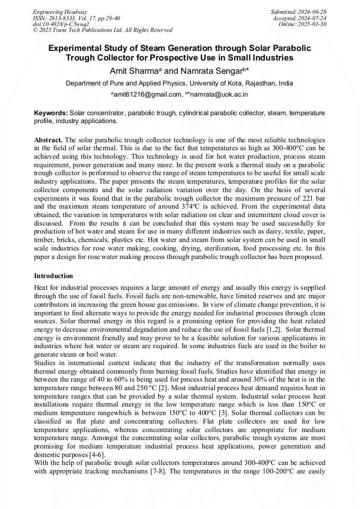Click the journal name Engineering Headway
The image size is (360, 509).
coord(60,12)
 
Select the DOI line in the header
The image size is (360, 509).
coord(61,24)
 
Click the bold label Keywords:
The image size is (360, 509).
coord(51,113)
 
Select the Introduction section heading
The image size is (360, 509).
coord(54,276)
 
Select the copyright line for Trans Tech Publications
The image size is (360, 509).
coord(102,30)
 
